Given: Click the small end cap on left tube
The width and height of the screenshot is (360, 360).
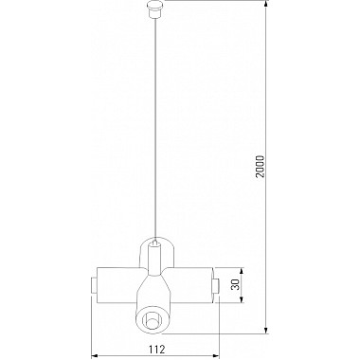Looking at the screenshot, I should (92, 284).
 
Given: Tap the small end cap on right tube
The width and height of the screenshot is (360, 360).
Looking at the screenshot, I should (216, 284).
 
